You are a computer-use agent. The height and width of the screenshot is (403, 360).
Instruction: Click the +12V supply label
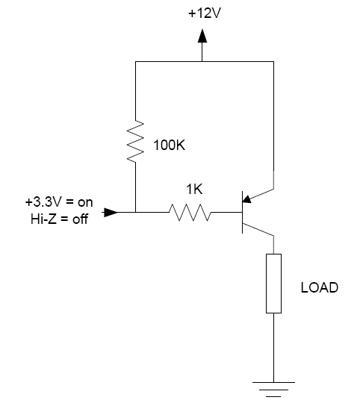pos(205,13)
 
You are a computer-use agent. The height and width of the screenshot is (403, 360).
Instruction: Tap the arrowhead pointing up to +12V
pos(202,36)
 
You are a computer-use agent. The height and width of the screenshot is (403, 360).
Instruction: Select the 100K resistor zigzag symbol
pos(135,141)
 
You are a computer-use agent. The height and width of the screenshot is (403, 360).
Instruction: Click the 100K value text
pos(170,146)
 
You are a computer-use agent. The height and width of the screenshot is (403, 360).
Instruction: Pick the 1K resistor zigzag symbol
pos(190,212)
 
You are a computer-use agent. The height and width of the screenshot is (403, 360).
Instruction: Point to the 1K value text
pos(194,190)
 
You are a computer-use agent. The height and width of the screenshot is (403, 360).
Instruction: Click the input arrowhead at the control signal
pos(111,213)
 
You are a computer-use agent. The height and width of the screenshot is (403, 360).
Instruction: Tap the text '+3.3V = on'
pos(59,202)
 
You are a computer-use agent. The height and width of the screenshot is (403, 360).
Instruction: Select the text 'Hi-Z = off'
pos(59,219)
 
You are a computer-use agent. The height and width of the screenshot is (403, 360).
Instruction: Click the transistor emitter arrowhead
pos(246,199)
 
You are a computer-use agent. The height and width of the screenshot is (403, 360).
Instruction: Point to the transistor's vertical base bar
pos(242,212)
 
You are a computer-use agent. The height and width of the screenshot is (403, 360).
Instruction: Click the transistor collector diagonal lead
pos(258,229)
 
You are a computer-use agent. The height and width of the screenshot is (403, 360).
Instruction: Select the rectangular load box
pos(273,284)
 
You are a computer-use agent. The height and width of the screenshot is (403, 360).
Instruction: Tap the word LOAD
pos(320,287)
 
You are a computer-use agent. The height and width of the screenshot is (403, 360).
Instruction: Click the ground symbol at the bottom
pos(273,390)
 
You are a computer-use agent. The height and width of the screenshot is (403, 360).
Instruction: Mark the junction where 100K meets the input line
pos(135,212)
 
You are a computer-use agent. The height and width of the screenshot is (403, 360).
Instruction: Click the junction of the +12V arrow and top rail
pos(202,61)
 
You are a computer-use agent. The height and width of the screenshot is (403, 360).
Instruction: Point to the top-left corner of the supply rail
pos(135,61)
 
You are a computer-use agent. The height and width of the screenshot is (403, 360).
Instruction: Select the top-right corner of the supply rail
pos(273,61)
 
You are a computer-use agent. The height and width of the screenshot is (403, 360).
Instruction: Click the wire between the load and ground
pos(273,348)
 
